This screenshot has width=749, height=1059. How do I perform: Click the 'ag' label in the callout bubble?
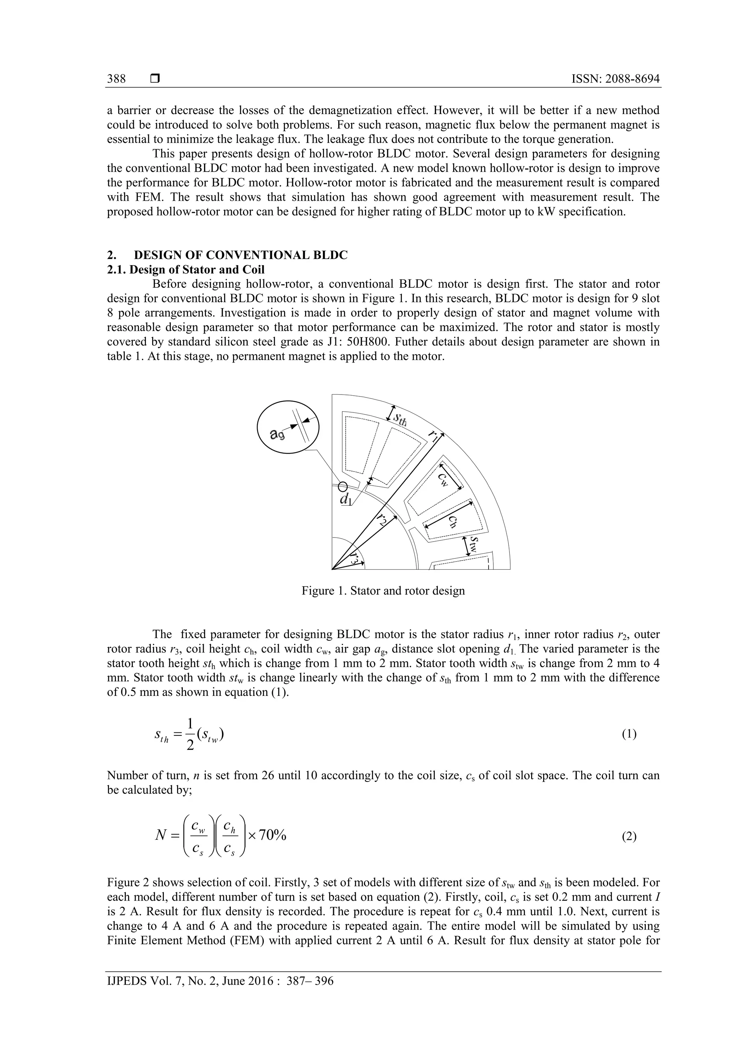(x=277, y=434)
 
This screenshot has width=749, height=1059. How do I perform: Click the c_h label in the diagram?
(x=454, y=521)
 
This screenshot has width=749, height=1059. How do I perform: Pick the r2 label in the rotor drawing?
(x=381, y=520)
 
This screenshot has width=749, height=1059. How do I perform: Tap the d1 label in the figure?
(x=345, y=499)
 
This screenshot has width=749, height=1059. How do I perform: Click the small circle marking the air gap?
(x=342, y=487)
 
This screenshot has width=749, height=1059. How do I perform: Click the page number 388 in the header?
(x=116, y=79)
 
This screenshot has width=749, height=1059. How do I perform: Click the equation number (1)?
(x=629, y=734)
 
